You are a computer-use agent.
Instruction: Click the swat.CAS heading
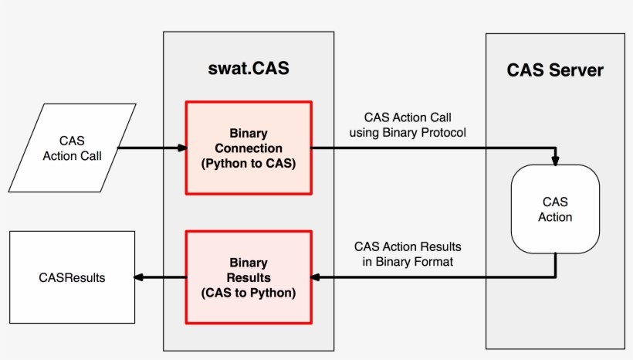(249, 69)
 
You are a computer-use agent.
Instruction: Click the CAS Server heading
(554, 70)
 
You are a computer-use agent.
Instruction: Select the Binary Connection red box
(249, 148)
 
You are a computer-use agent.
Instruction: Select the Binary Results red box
(249, 277)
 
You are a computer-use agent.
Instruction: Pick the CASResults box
(72, 277)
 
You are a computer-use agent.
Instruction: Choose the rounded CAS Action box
(555, 209)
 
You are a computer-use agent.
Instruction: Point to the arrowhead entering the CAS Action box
(555, 161)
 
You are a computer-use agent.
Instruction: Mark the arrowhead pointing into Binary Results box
(316, 277)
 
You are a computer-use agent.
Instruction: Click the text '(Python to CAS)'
(249, 163)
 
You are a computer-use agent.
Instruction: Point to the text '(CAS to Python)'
(249, 293)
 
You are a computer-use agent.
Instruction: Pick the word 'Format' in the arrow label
(435, 262)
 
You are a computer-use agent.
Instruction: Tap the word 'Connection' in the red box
(249, 148)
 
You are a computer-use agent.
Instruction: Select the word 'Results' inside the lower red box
(249, 277)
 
